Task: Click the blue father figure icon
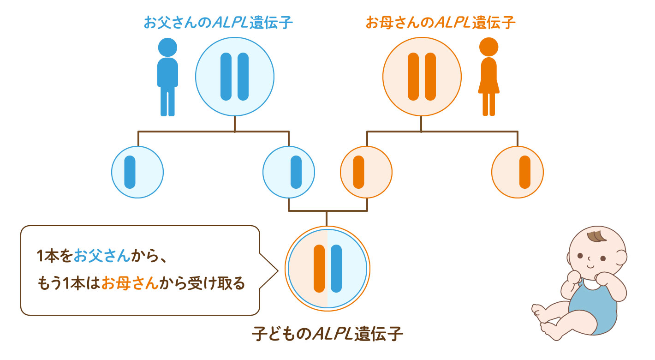(x=167, y=77)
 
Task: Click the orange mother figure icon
(x=488, y=77)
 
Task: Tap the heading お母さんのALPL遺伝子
(x=440, y=23)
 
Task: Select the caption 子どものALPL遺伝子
(x=327, y=334)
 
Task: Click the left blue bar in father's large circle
(x=226, y=77)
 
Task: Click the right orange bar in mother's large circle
(x=430, y=77)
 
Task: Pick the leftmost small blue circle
(x=137, y=173)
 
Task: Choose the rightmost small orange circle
(x=518, y=173)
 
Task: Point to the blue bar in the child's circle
(x=336, y=269)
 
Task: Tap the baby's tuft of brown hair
(x=597, y=235)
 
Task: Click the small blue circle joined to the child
(x=289, y=173)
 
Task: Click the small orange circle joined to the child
(x=366, y=173)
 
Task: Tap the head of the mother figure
(x=488, y=47)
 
